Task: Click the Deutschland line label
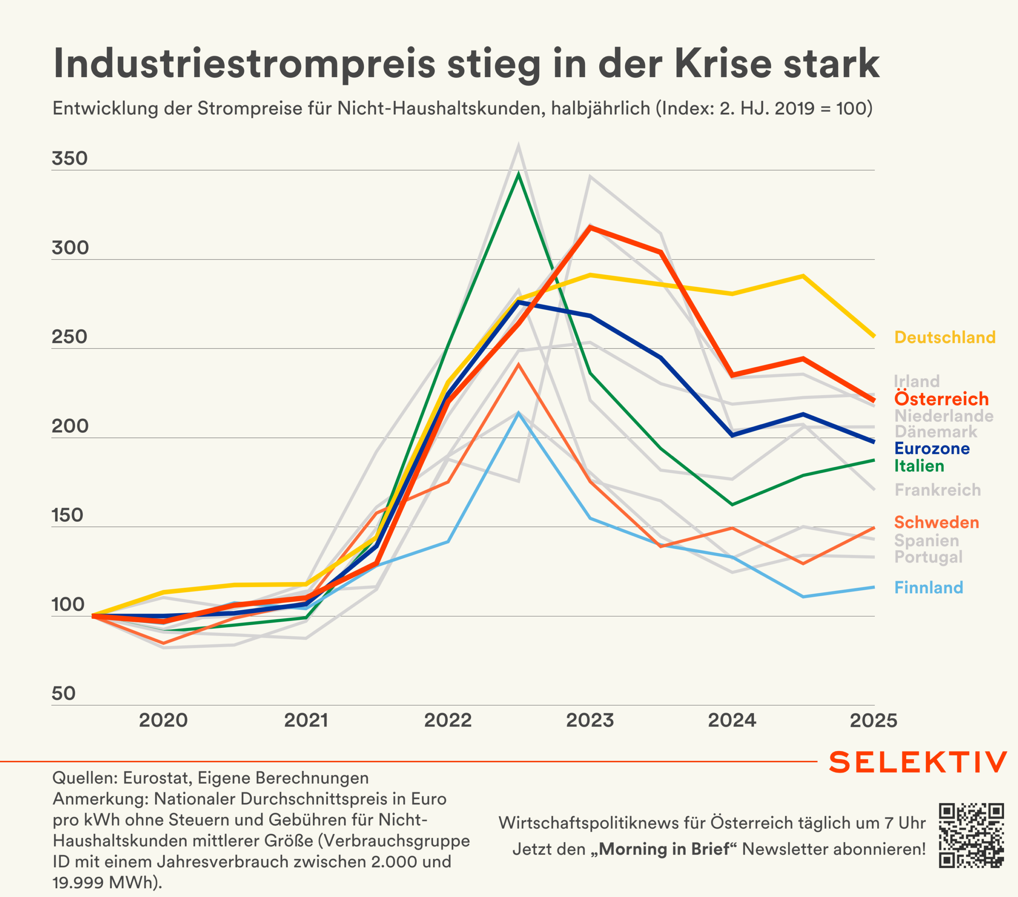tap(945, 337)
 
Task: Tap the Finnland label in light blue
tap(929, 587)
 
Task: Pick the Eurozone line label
tap(932, 448)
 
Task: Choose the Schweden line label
tap(936, 522)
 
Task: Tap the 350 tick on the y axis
tap(70, 159)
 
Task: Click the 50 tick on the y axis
tap(64, 694)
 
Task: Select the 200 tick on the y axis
tap(70, 426)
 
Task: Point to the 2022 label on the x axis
tap(448, 720)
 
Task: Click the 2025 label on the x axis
tap(873, 720)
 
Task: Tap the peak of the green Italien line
tap(519, 174)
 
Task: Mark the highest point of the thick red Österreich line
tap(590, 227)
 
